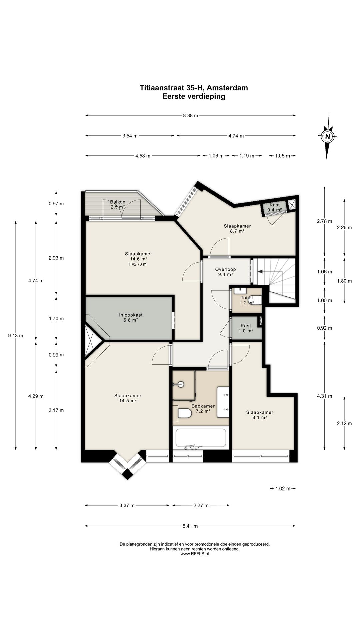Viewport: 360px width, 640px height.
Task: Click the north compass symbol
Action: (x=328, y=136)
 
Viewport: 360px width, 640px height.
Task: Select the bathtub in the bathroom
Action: (x=201, y=438)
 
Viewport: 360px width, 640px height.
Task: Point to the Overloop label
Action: (x=225, y=272)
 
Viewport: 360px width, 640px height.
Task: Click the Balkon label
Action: (x=118, y=204)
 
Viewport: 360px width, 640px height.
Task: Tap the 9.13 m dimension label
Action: (x=16, y=336)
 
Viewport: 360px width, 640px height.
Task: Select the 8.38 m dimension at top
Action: (x=190, y=116)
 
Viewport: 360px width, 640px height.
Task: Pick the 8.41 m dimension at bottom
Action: (x=190, y=526)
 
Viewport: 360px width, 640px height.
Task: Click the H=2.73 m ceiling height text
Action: (x=137, y=264)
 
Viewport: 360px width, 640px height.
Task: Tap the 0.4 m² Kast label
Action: (x=275, y=207)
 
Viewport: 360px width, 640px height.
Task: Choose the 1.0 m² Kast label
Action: (x=246, y=328)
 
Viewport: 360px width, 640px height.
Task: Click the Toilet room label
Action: (x=247, y=300)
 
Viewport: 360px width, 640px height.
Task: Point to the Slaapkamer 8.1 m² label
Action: (x=260, y=415)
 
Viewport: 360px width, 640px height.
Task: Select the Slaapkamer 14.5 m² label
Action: (x=128, y=398)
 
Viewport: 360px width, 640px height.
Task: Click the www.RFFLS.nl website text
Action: (x=195, y=554)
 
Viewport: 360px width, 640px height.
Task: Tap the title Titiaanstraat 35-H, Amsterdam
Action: (x=194, y=88)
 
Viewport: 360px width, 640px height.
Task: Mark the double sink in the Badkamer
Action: (x=223, y=402)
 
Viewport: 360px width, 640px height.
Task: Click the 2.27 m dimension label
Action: (x=201, y=505)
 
